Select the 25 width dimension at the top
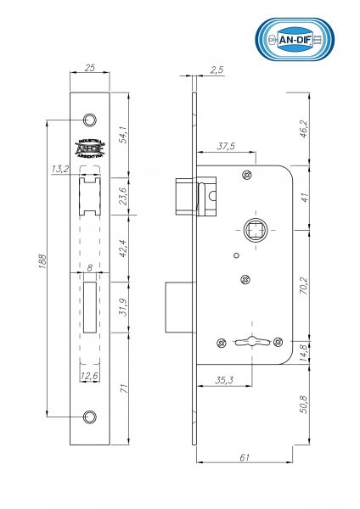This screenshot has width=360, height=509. (x=89, y=67)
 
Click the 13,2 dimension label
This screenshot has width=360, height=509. (x=60, y=170)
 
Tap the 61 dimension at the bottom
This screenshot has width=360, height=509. (x=244, y=458)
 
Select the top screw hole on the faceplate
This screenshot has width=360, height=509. (x=89, y=118)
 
